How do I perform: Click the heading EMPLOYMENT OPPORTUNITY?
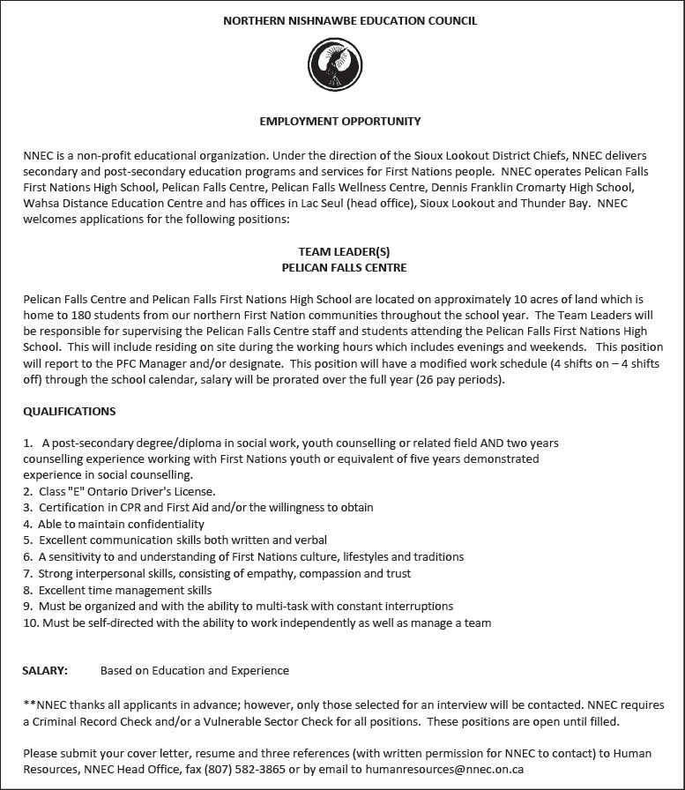(x=339, y=121)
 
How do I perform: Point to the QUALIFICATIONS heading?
(x=69, y=411)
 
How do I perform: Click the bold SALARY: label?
(x=45, y=670)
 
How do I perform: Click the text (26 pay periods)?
(x=453, y=380)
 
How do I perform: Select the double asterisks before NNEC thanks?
(x=29, y=704)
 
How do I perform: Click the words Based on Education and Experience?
(x=194, y=670)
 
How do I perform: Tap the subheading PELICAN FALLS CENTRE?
(x=344, y=267)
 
